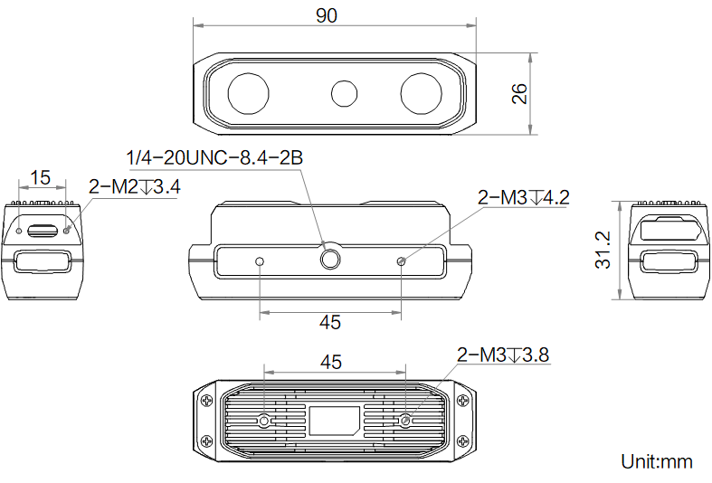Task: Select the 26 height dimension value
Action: (x=519, y=93)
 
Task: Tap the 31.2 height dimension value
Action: (x=603, y=251)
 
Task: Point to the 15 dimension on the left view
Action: (x=41, y=177)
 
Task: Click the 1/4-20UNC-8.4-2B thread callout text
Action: (x=214, y=157)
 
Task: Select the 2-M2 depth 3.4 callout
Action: (x=135, y=187)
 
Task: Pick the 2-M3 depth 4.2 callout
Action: (x=523, y=197)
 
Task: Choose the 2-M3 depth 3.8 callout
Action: (x=503, y=355)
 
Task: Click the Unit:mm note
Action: (x=657, y=461)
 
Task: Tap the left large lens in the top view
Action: (x=248, y=93)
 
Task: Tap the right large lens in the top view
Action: (x=422, y=93)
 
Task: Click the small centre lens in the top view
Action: (x=345, y=93)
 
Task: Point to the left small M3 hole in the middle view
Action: (x=261, y=261)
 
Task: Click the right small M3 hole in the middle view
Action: (x=402, y=261)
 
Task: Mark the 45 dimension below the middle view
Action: (x=331, y=322)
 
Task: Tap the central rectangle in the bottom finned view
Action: (x=335, y=421)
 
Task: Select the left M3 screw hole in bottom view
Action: (x=263, y=421)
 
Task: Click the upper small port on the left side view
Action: (x=43, y=230)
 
